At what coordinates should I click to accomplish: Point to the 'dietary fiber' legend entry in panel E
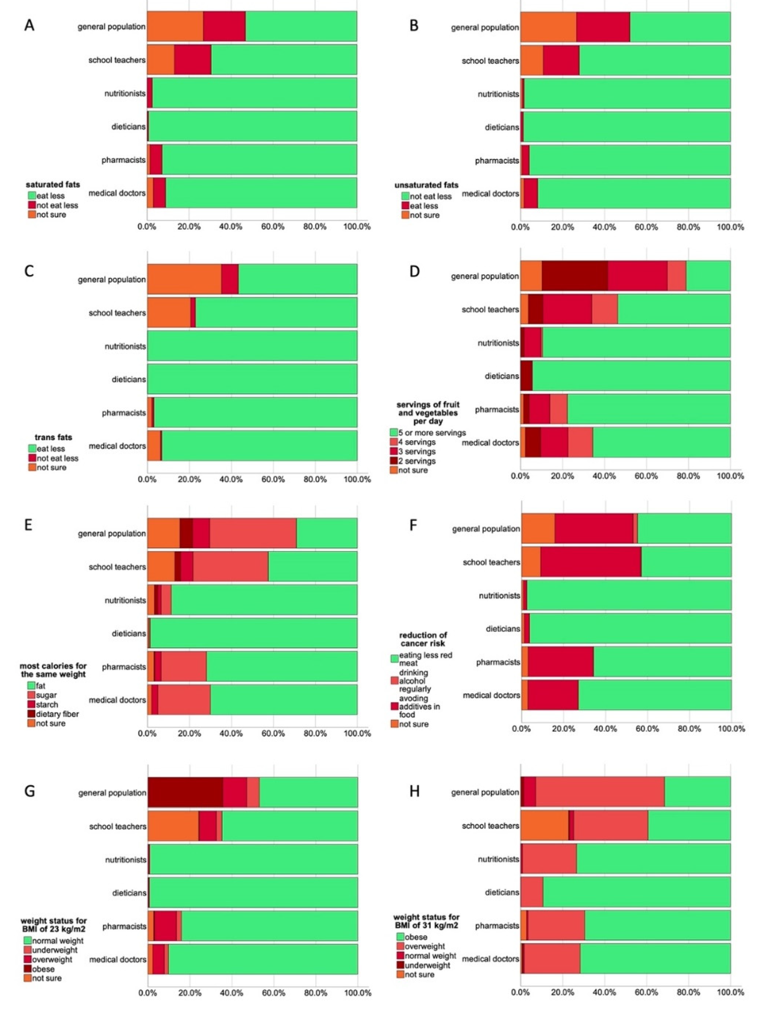pos(57,714)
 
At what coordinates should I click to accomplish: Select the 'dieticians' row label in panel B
pos(502,127)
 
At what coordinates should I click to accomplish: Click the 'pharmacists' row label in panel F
pos(498,662)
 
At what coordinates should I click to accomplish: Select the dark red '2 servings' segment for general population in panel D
pos(575,276)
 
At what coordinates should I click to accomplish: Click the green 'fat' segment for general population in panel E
pos(327,533)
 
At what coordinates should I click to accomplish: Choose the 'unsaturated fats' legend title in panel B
pos(426,185)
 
